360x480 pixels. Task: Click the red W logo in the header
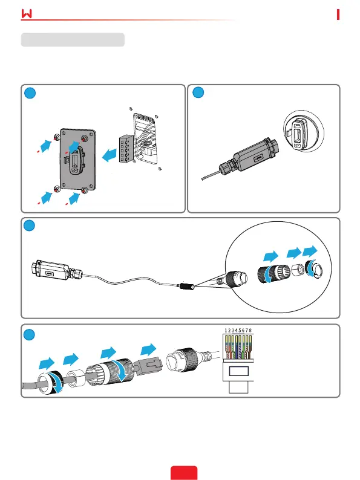27,13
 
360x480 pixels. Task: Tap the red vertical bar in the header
338,15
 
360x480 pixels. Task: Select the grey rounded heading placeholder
73,40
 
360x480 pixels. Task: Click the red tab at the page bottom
184,473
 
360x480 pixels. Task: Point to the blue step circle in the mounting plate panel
30,93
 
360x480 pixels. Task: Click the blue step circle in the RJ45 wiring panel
29,334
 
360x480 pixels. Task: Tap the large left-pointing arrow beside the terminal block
109,155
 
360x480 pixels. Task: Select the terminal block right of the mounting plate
126,149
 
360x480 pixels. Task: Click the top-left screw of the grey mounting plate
57,137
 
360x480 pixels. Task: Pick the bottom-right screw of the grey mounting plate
85,191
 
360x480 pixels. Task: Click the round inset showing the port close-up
303,131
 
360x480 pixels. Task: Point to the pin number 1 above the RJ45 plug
226,331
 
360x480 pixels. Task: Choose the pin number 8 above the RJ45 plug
250,331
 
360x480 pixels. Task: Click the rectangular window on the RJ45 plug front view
238,371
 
